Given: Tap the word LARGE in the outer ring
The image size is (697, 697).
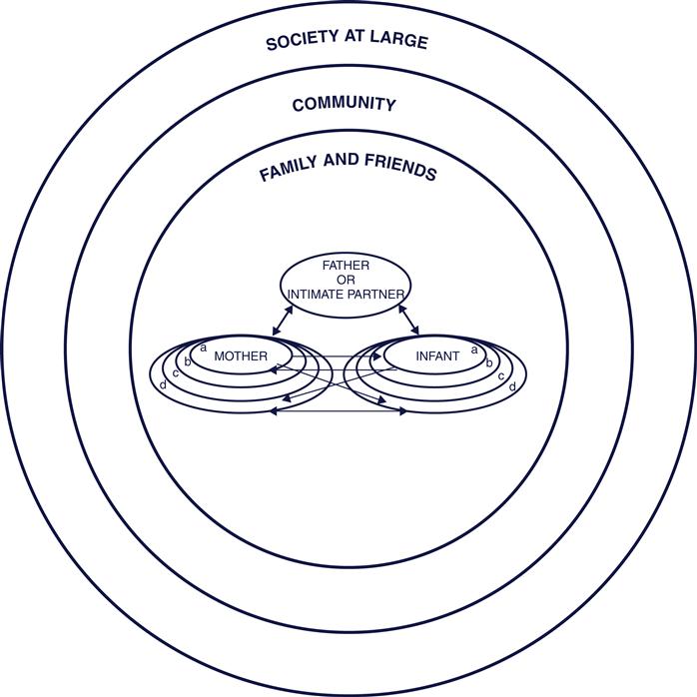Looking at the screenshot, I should pyautogui.click(x=399, y=42).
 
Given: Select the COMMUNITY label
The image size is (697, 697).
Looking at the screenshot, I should pyautogui.click(x=345, y=104).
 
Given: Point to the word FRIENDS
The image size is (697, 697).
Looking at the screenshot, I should pyautogui.click(x=400, y=171).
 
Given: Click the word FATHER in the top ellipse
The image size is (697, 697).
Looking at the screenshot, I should pyautogui.click(x=346, y=267).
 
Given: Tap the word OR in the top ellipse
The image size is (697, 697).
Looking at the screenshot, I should pyautogui.click(x=346, y=281).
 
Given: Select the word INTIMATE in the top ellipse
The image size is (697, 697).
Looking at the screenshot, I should pyautogui.click(x=319, y=295).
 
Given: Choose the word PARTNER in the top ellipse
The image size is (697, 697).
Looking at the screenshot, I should pyautogui.click(x=377, y=295).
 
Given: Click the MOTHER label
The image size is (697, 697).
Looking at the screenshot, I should pyautogui.click(x=240, y=355).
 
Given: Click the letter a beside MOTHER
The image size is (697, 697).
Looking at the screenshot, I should pyautogui.click(x=203, y=348).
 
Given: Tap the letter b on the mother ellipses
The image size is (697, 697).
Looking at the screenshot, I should pyautogui.click(x=188, y=360).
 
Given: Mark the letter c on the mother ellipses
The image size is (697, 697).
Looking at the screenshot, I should pyautogui.click(x=176, y=373).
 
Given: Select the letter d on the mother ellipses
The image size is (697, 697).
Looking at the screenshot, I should pyautogui.click(x=163, y=384).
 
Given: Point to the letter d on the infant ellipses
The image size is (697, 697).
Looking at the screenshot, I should pyautogui.click(x=512, y=385).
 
